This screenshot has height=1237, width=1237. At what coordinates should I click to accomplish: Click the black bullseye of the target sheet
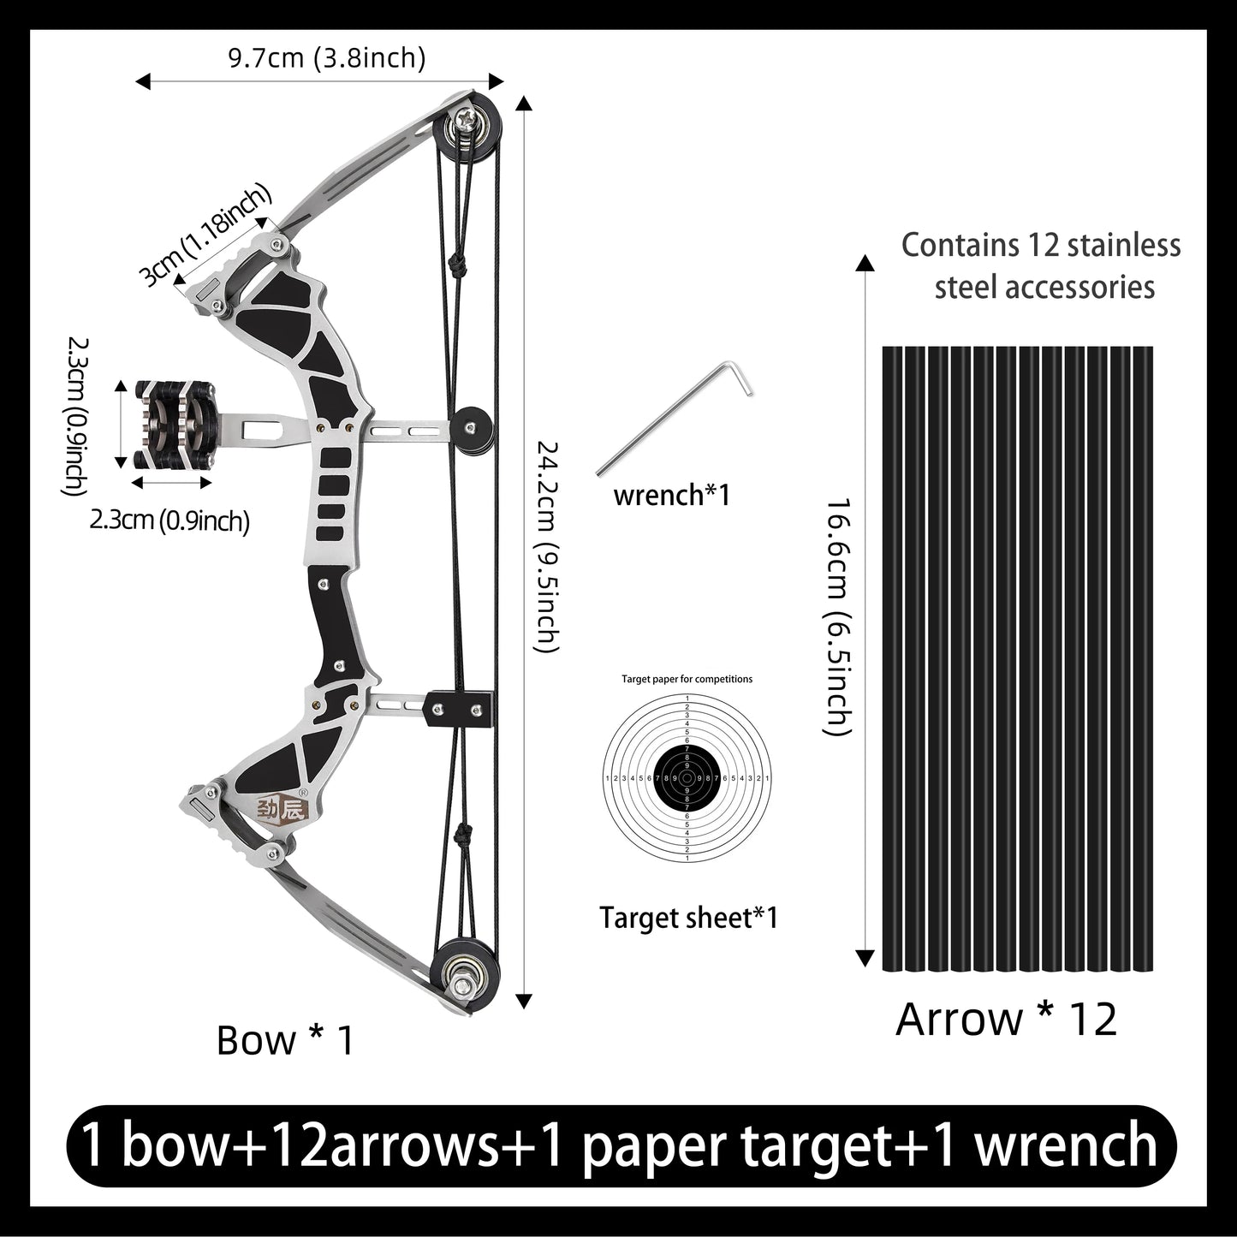coord(687,777)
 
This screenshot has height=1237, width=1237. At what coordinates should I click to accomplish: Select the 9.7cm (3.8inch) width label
coord(326,57)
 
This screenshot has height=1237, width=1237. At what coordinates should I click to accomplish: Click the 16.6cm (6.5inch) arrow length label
coord(836,616)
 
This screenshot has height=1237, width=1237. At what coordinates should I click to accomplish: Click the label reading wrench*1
coord(671,495)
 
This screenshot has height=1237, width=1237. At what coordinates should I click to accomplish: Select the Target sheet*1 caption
coord(688,918)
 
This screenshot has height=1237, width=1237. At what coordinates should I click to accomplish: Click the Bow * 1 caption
coord(285,1040)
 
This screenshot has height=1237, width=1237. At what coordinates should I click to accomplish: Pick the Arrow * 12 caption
coord(1006,1019)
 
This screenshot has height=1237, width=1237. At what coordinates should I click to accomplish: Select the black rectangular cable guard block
coord(460,708)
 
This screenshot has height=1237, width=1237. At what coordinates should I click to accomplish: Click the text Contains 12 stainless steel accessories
coord(1041,265)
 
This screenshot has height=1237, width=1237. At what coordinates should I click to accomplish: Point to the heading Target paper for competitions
coord(687,679)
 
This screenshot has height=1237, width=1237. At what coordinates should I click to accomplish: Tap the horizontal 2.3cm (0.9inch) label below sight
coord(169,520)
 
